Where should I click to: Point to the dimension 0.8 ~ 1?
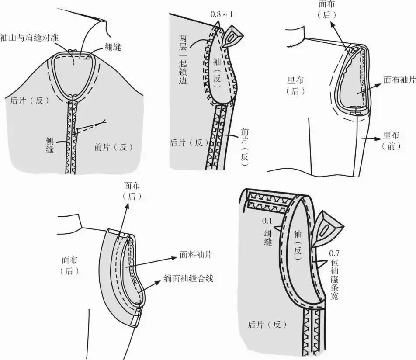coord(222,14)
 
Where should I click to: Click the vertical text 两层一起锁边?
coord(183,60)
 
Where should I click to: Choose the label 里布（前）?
coord(391,141)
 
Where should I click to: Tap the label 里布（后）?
coord(295,86)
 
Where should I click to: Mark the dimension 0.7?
coord(334,253)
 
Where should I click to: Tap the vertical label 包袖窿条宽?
coord(335,280)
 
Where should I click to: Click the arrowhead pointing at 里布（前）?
coord(377,138)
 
